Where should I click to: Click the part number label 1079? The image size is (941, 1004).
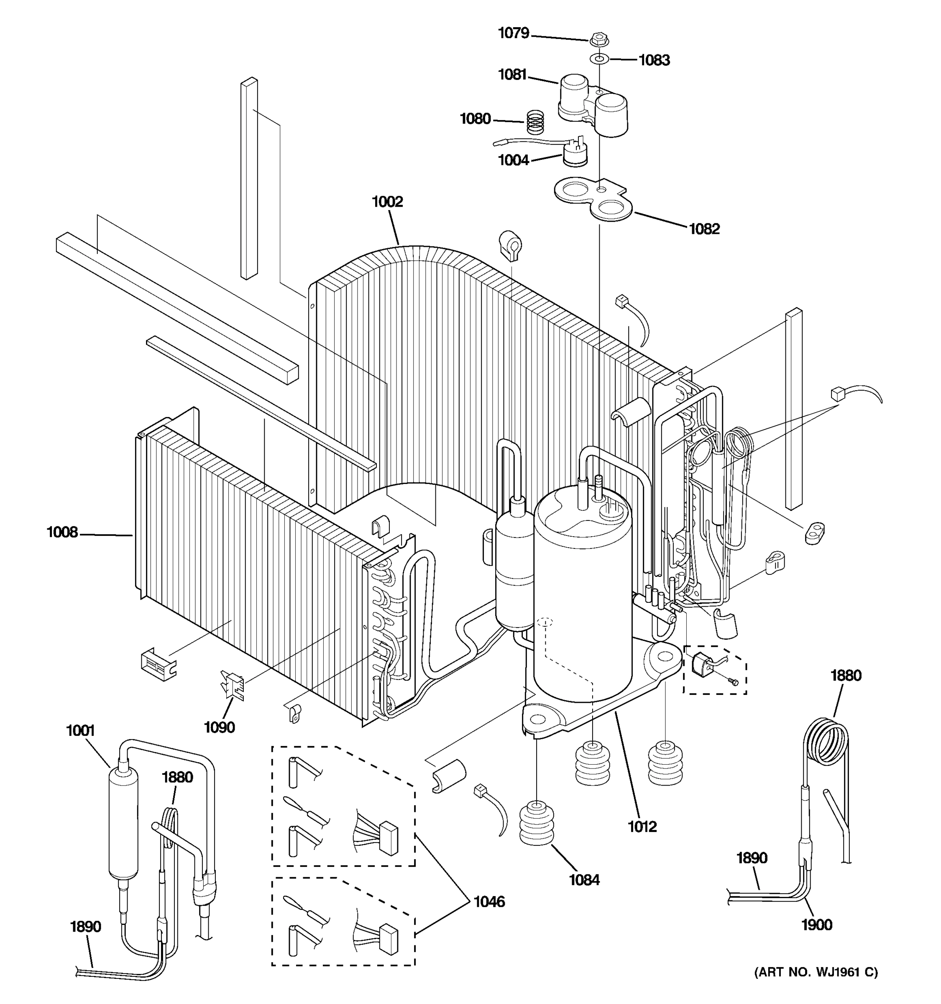tap(514, 33)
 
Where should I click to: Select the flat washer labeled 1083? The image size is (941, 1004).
tap(599, 59)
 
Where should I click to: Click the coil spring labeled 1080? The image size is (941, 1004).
tap(535, 122)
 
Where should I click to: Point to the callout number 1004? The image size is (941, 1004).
tap(514, 161)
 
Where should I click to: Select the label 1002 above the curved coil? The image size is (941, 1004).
tap(387, 202)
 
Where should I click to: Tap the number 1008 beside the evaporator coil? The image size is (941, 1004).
tap(62, 532)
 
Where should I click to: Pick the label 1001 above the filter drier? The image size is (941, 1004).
tap(80, 731)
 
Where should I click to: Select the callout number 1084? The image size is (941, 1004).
tap(584, 880)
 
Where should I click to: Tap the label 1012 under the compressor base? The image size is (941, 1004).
tap(642, 827)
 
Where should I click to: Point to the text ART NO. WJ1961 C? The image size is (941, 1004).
tap(816, 972)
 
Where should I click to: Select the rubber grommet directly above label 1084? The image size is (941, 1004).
tap(537, 823)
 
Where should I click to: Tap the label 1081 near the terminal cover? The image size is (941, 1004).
tap(512, 75)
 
